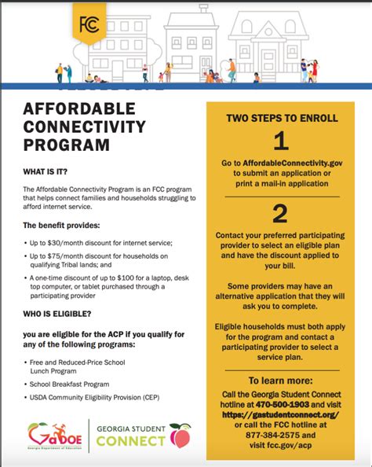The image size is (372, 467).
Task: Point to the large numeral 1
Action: point(281,142)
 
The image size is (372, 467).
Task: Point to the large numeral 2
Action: point(281,214)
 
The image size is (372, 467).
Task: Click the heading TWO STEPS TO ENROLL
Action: point(282,118)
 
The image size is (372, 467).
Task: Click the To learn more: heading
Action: point(281,381)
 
